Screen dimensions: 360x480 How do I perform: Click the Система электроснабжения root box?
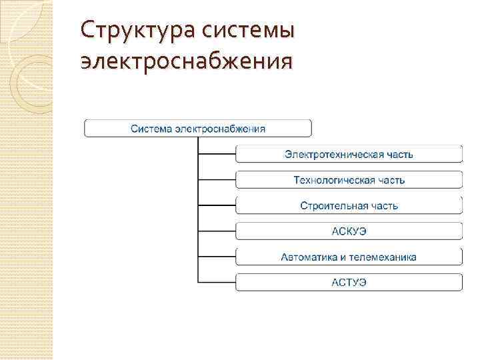point(197,128)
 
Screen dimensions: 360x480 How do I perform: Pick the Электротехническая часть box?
point(349,154)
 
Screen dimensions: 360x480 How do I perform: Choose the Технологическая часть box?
point(349,180)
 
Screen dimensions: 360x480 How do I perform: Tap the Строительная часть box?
point(349,205)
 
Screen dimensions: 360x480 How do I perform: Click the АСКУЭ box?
point(349,231)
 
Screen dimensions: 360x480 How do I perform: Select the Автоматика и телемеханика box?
point(349,257)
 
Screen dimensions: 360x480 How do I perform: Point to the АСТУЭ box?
point(349,282)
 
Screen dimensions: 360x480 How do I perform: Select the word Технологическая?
point(333,180)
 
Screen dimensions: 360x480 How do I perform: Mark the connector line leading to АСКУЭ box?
point(217,231)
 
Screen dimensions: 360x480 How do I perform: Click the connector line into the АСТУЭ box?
point(217,282)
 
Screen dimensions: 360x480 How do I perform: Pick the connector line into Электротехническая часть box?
point(217,154)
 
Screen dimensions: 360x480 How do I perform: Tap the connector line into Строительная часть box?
point(217,205)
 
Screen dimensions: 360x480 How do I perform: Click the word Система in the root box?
point(151,128)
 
